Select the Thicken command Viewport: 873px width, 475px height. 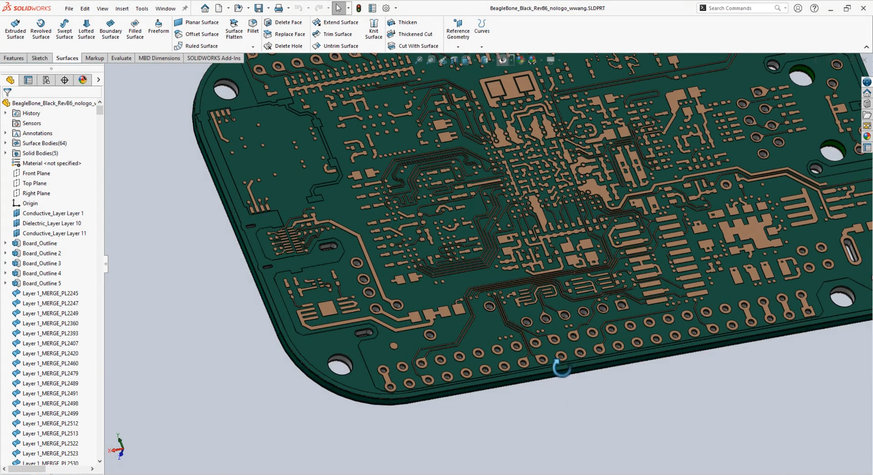click(x=407, y=22)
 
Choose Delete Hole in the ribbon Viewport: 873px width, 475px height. click(x=288, y=46)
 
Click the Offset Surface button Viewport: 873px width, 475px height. click(x=202, y=34)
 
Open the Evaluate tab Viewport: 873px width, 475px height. click(x=121, y=58)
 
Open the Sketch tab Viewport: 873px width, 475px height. click(x=40, y=58)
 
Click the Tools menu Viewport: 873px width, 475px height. click(x=142, y=9)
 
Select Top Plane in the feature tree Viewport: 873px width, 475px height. click(x=34, y=183)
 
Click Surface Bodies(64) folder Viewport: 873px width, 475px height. click(x=44, y=143)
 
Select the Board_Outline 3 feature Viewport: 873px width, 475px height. click(x=42, y=263)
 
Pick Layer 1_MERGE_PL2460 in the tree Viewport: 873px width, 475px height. click(x=50, y=363)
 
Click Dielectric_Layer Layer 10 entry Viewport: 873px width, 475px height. click(x=51, y=223)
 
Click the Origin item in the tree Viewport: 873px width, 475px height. click(x=30, y=203)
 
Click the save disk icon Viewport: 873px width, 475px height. click(x=259, y=8)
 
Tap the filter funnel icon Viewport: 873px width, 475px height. click(x=8, y=92)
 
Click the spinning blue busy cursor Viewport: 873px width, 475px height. click(x=561, y=368)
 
